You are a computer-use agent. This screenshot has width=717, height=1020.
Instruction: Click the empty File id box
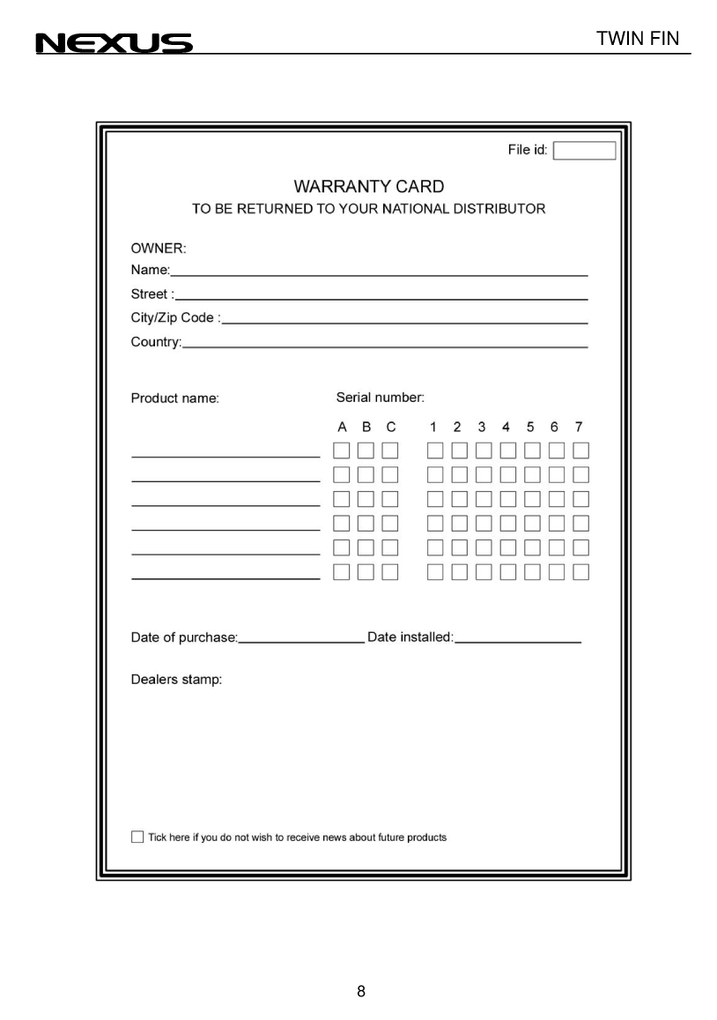(x=584, y=151)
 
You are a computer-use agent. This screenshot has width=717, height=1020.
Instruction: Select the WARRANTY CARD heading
(x=368, y=187)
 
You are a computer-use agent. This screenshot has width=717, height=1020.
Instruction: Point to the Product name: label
(x=174, y=398)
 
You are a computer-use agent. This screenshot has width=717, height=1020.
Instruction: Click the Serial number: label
(x=380, y=398)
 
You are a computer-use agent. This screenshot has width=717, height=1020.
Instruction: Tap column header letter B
(x=366, y=427)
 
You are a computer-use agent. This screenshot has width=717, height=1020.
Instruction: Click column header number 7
(x=579, y=427)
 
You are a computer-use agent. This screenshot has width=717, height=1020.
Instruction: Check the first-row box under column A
(x=342, y=450)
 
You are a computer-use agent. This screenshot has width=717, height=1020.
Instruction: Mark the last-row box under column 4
(x=508, y=572)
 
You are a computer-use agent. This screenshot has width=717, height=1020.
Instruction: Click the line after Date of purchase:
(x=301, y=642)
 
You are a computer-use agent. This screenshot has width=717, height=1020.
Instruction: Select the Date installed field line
(x=518, y=642)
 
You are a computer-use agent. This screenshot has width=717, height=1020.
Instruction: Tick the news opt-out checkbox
(x=137, y=837)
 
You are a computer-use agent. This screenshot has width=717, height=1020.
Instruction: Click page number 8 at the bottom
(x=361, y=991)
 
